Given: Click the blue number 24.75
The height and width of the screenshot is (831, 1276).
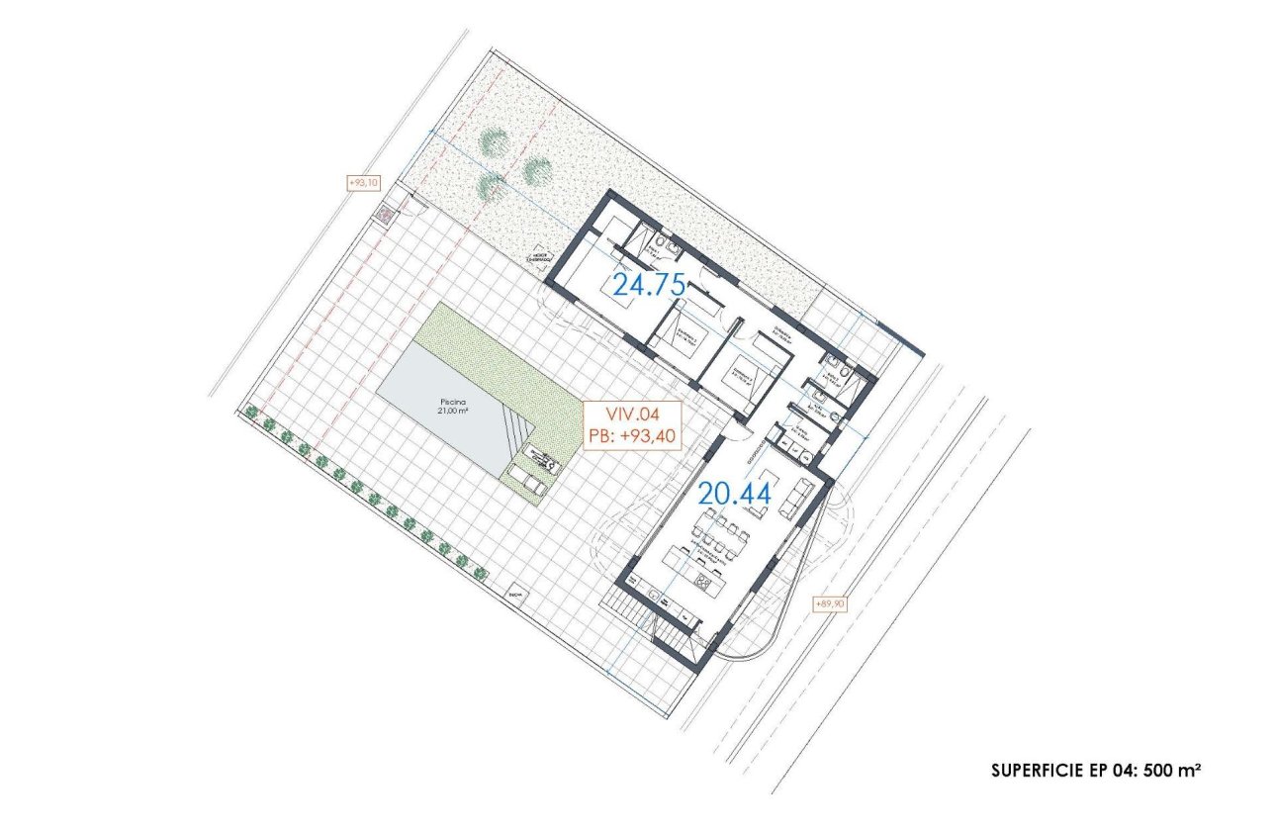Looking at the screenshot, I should coord(649,286).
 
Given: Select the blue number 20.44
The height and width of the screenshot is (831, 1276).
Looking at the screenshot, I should coord(735,493).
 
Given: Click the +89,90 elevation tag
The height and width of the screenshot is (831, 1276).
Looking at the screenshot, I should coord(828,603).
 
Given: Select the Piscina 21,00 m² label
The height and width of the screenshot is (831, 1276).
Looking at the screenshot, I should coord(457,407).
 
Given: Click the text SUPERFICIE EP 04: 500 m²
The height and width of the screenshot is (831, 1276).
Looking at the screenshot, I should coord(1096,769).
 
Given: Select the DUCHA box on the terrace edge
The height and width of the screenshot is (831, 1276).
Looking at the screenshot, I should coord(514,595).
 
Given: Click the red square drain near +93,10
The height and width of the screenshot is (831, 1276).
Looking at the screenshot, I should coord(384,214).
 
